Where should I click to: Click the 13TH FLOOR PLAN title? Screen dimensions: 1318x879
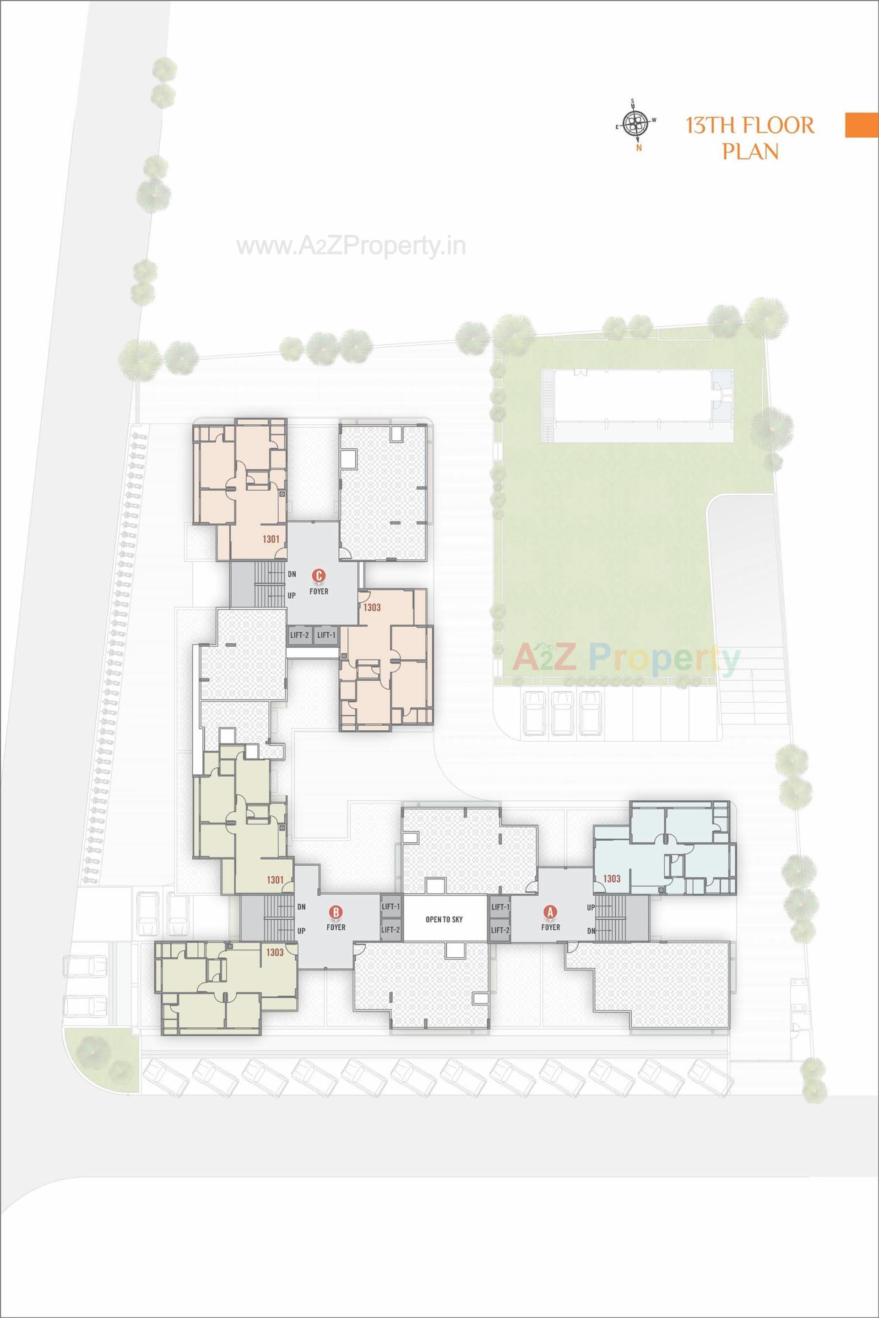click(750, 138)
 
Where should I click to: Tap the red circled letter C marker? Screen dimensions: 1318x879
click(319, 575)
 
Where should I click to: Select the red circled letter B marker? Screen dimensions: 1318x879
click(336, 912)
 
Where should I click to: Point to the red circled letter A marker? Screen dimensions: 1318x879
click(550, 912)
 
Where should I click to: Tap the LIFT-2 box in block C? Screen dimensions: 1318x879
click(299, 635)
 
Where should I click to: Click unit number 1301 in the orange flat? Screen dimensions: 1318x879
click(271, 539)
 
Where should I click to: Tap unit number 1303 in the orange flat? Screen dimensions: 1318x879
click(372, 607)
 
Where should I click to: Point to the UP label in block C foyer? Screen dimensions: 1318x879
click(292, 596)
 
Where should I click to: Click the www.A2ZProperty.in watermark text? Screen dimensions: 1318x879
click(351, 246)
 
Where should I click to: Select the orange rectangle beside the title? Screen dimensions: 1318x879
click(862, 125)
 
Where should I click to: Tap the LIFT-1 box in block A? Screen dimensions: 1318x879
click(500, 907)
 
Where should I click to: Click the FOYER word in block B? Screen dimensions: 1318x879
click(336, 927)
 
